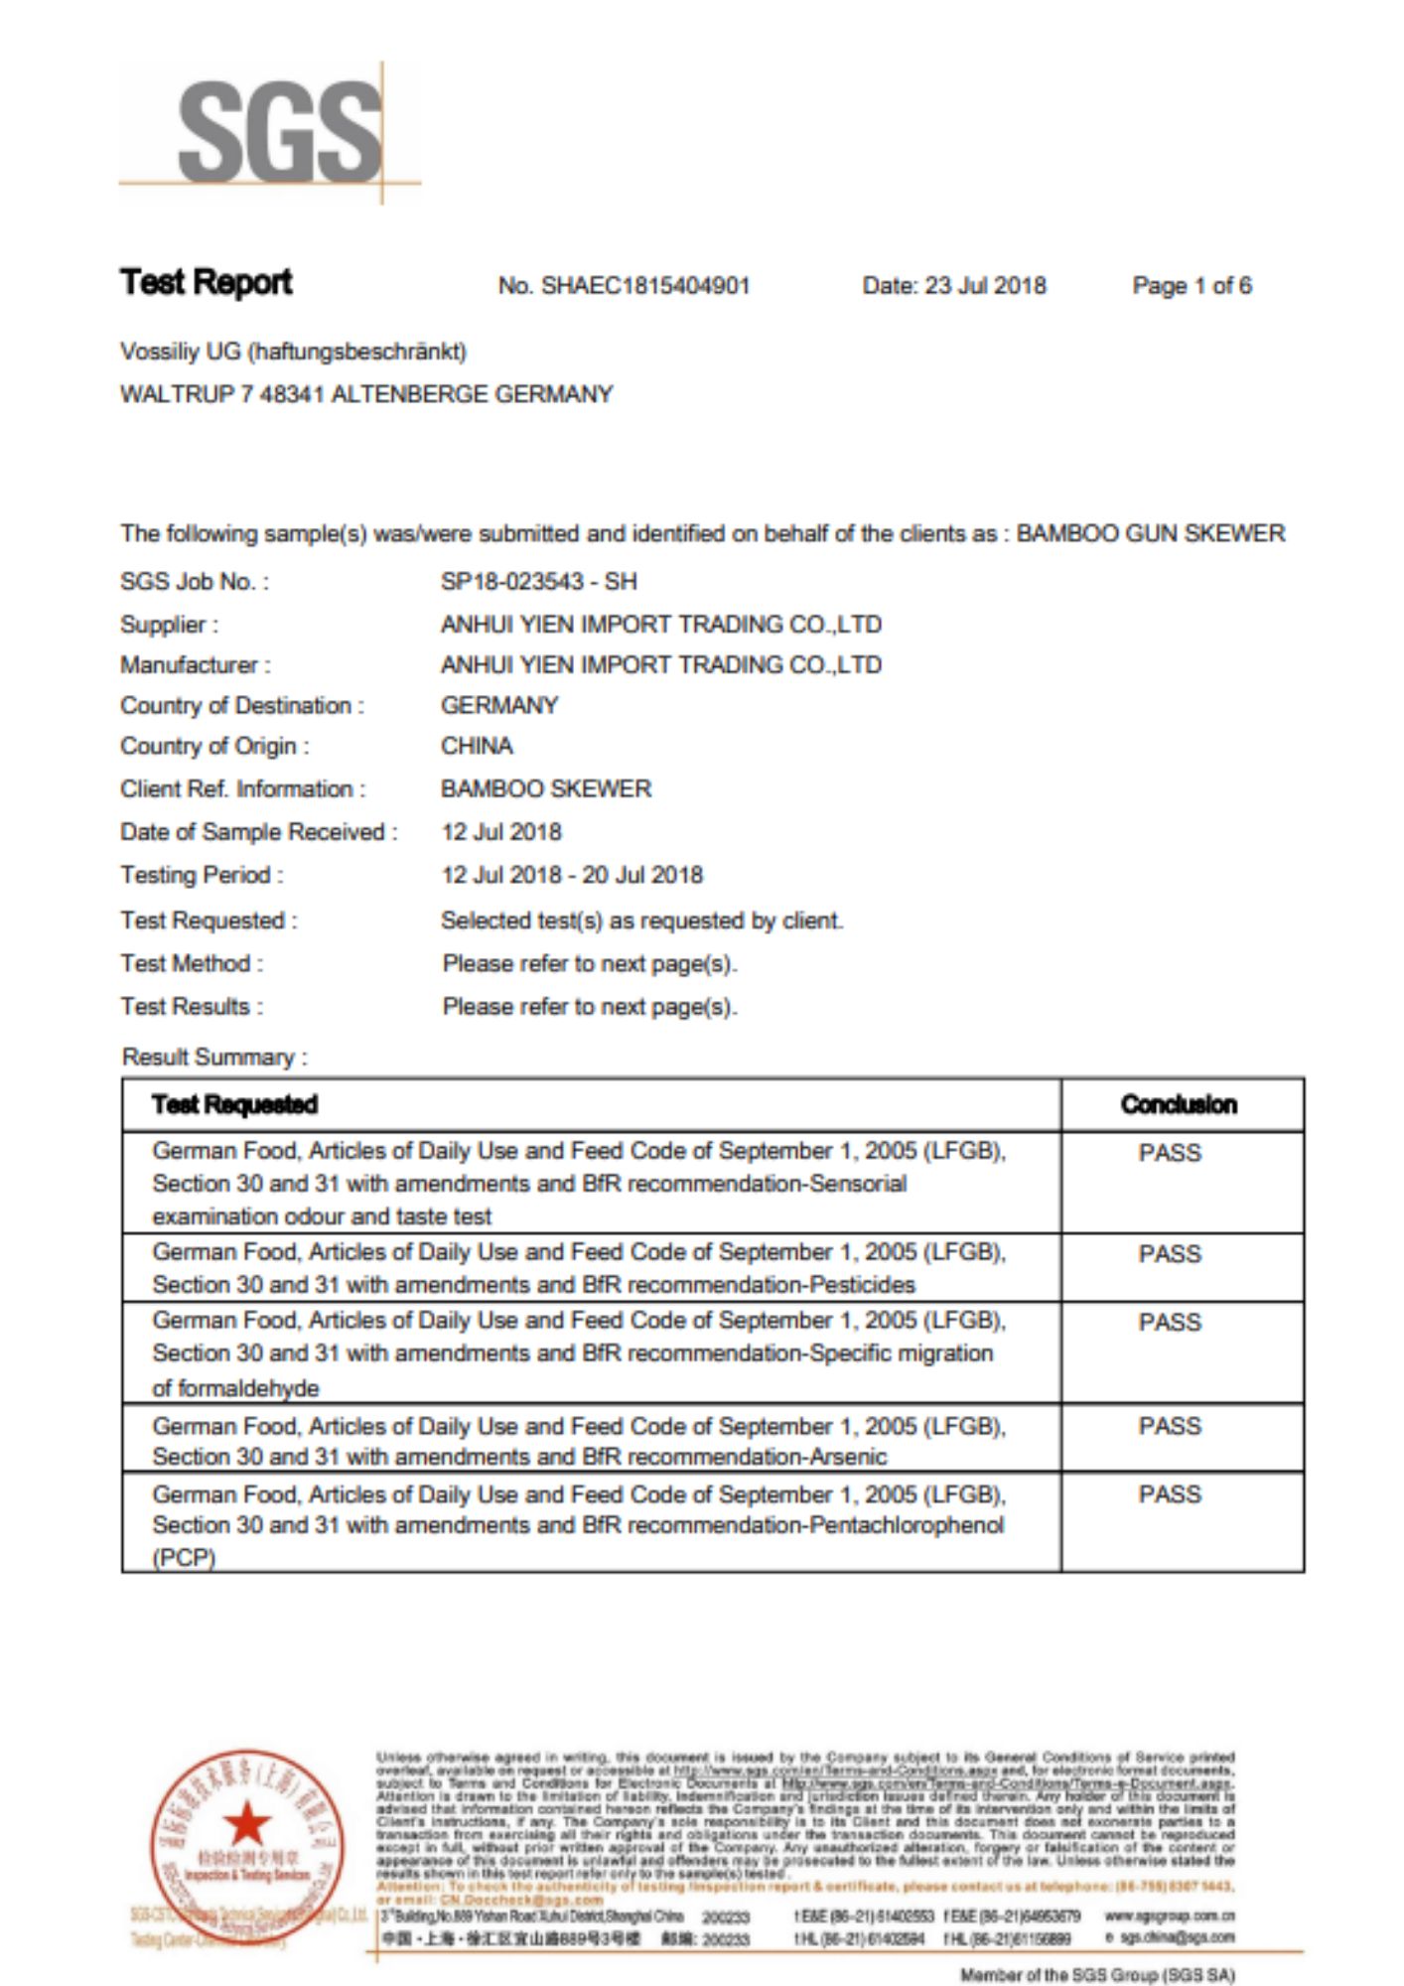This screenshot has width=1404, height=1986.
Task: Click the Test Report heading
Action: [x=207, y=283]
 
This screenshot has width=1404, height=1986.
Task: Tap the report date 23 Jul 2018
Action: [x=985, y=286]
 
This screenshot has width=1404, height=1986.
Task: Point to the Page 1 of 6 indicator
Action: [x=1192, y=286]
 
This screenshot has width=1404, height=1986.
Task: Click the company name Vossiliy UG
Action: [x=180, y=352]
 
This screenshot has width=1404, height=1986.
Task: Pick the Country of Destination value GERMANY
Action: [x=499, y=706]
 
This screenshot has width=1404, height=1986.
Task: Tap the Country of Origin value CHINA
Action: [x=477, y=746]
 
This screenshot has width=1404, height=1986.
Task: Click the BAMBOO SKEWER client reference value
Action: [x=546, y=789]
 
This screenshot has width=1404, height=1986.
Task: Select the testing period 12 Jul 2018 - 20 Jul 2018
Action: [x=572, y=875]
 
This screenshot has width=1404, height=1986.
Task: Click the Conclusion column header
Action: [x=1179, y=1104]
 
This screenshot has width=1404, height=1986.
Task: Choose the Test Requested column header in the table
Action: [x=234, y=1104]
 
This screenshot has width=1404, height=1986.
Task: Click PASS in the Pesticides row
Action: [x=1170, y=1254]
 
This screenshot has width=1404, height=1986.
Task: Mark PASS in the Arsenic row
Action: [x=1170, y=1426]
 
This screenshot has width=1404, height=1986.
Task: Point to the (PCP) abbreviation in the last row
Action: [x=184, y=1558]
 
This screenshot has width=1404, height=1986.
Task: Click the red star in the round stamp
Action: [x=247, y=1824]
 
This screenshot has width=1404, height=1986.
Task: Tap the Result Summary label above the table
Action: [x=214, y=1058]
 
